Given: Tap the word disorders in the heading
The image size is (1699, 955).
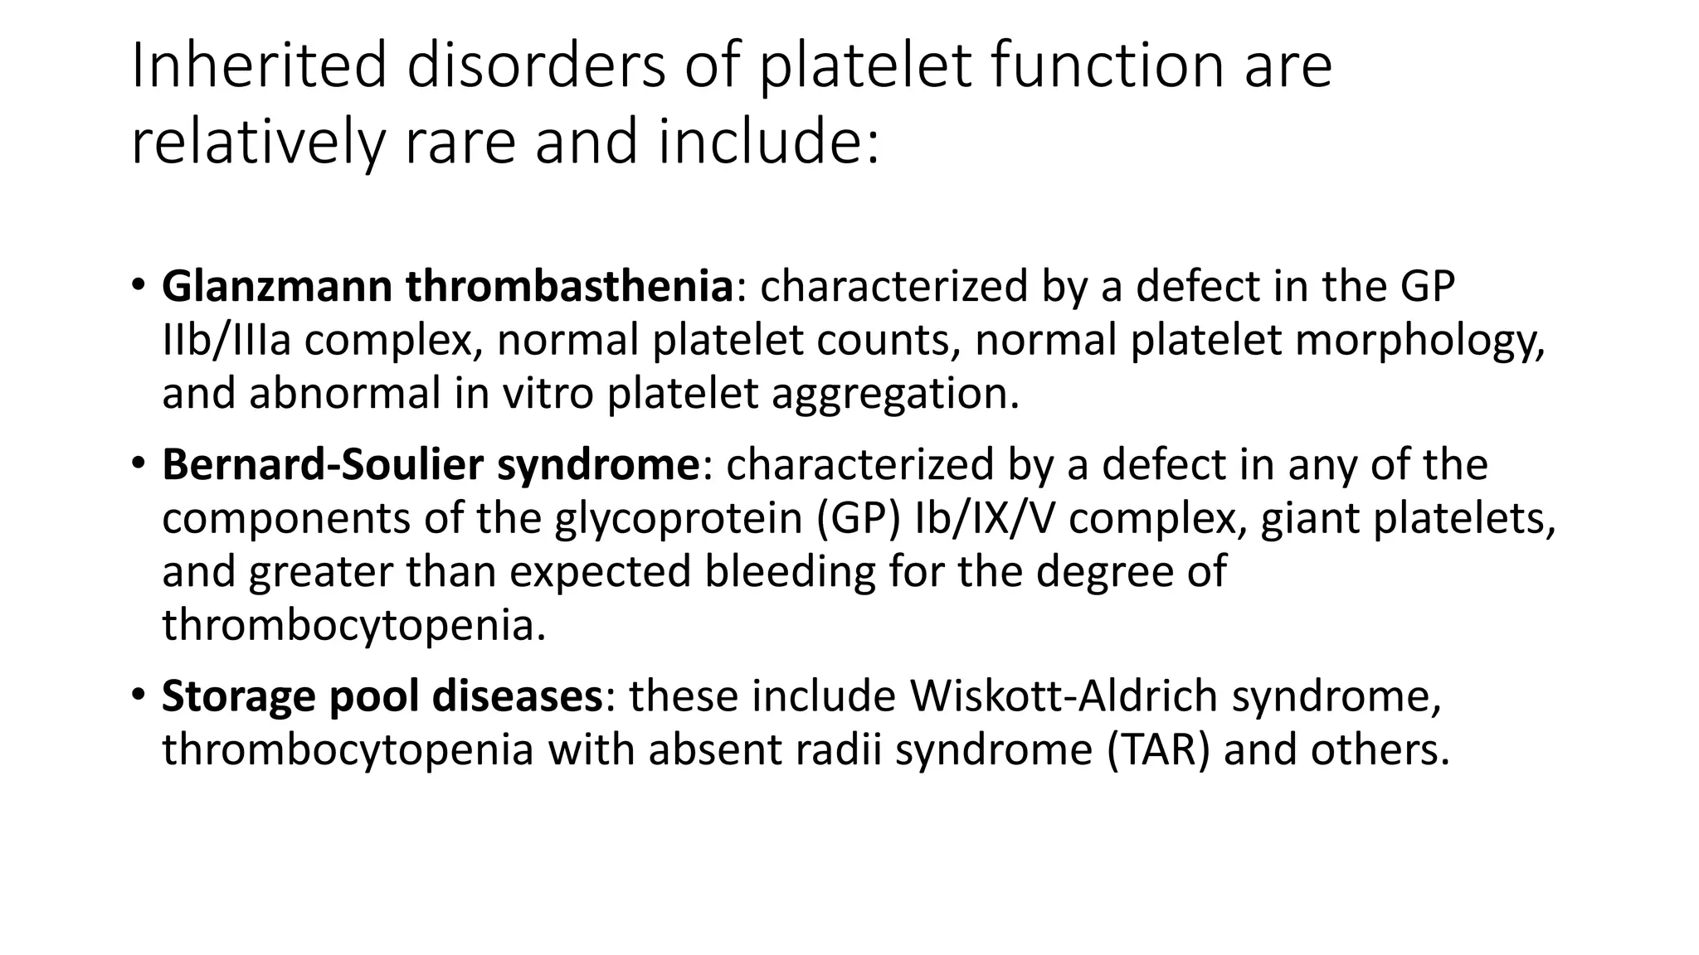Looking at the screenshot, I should (x=536, y=66).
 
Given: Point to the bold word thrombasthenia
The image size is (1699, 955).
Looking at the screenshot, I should (x=569, y=286).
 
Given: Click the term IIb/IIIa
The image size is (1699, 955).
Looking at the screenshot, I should (x=226, y=340).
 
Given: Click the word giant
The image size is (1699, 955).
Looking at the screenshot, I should (x=1310, y=519).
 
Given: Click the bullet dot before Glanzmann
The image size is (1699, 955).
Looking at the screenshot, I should (x=139, y=284).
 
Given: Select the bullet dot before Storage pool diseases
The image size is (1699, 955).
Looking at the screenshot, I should (x=139, y=694).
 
